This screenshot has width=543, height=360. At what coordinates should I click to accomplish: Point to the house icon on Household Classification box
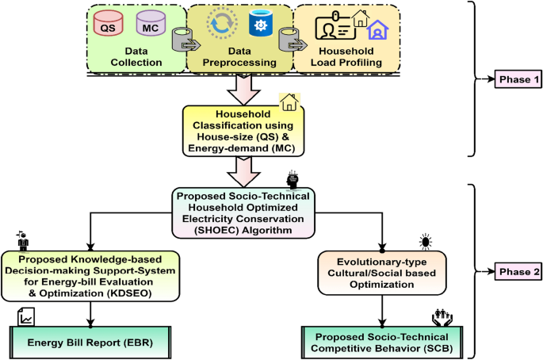coord(289,101)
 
